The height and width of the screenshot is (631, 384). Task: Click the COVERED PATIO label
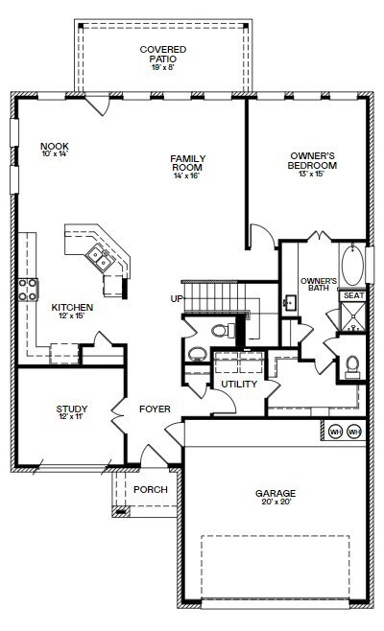click(163, 54)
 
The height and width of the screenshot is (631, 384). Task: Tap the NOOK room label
click(55, 146)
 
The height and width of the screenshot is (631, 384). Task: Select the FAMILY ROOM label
click(188, 163)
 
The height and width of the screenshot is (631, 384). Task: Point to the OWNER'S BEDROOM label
click(312, 160)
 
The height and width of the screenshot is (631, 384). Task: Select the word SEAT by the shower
click(353, 295)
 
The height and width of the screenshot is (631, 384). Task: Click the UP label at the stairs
click(177, 298)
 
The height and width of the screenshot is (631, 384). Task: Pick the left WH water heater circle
click(335, 432)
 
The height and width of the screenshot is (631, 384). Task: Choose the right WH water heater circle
click(354, 432)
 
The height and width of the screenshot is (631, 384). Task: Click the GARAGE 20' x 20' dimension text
click(276, 502)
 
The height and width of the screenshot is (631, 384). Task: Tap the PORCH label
click(151, 489)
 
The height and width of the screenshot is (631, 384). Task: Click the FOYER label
click(155, 409)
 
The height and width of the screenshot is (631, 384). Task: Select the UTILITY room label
click(239, 384)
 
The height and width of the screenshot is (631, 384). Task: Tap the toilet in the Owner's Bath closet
click(352, 366)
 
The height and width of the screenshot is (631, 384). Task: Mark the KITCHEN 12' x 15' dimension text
click(71, 315)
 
